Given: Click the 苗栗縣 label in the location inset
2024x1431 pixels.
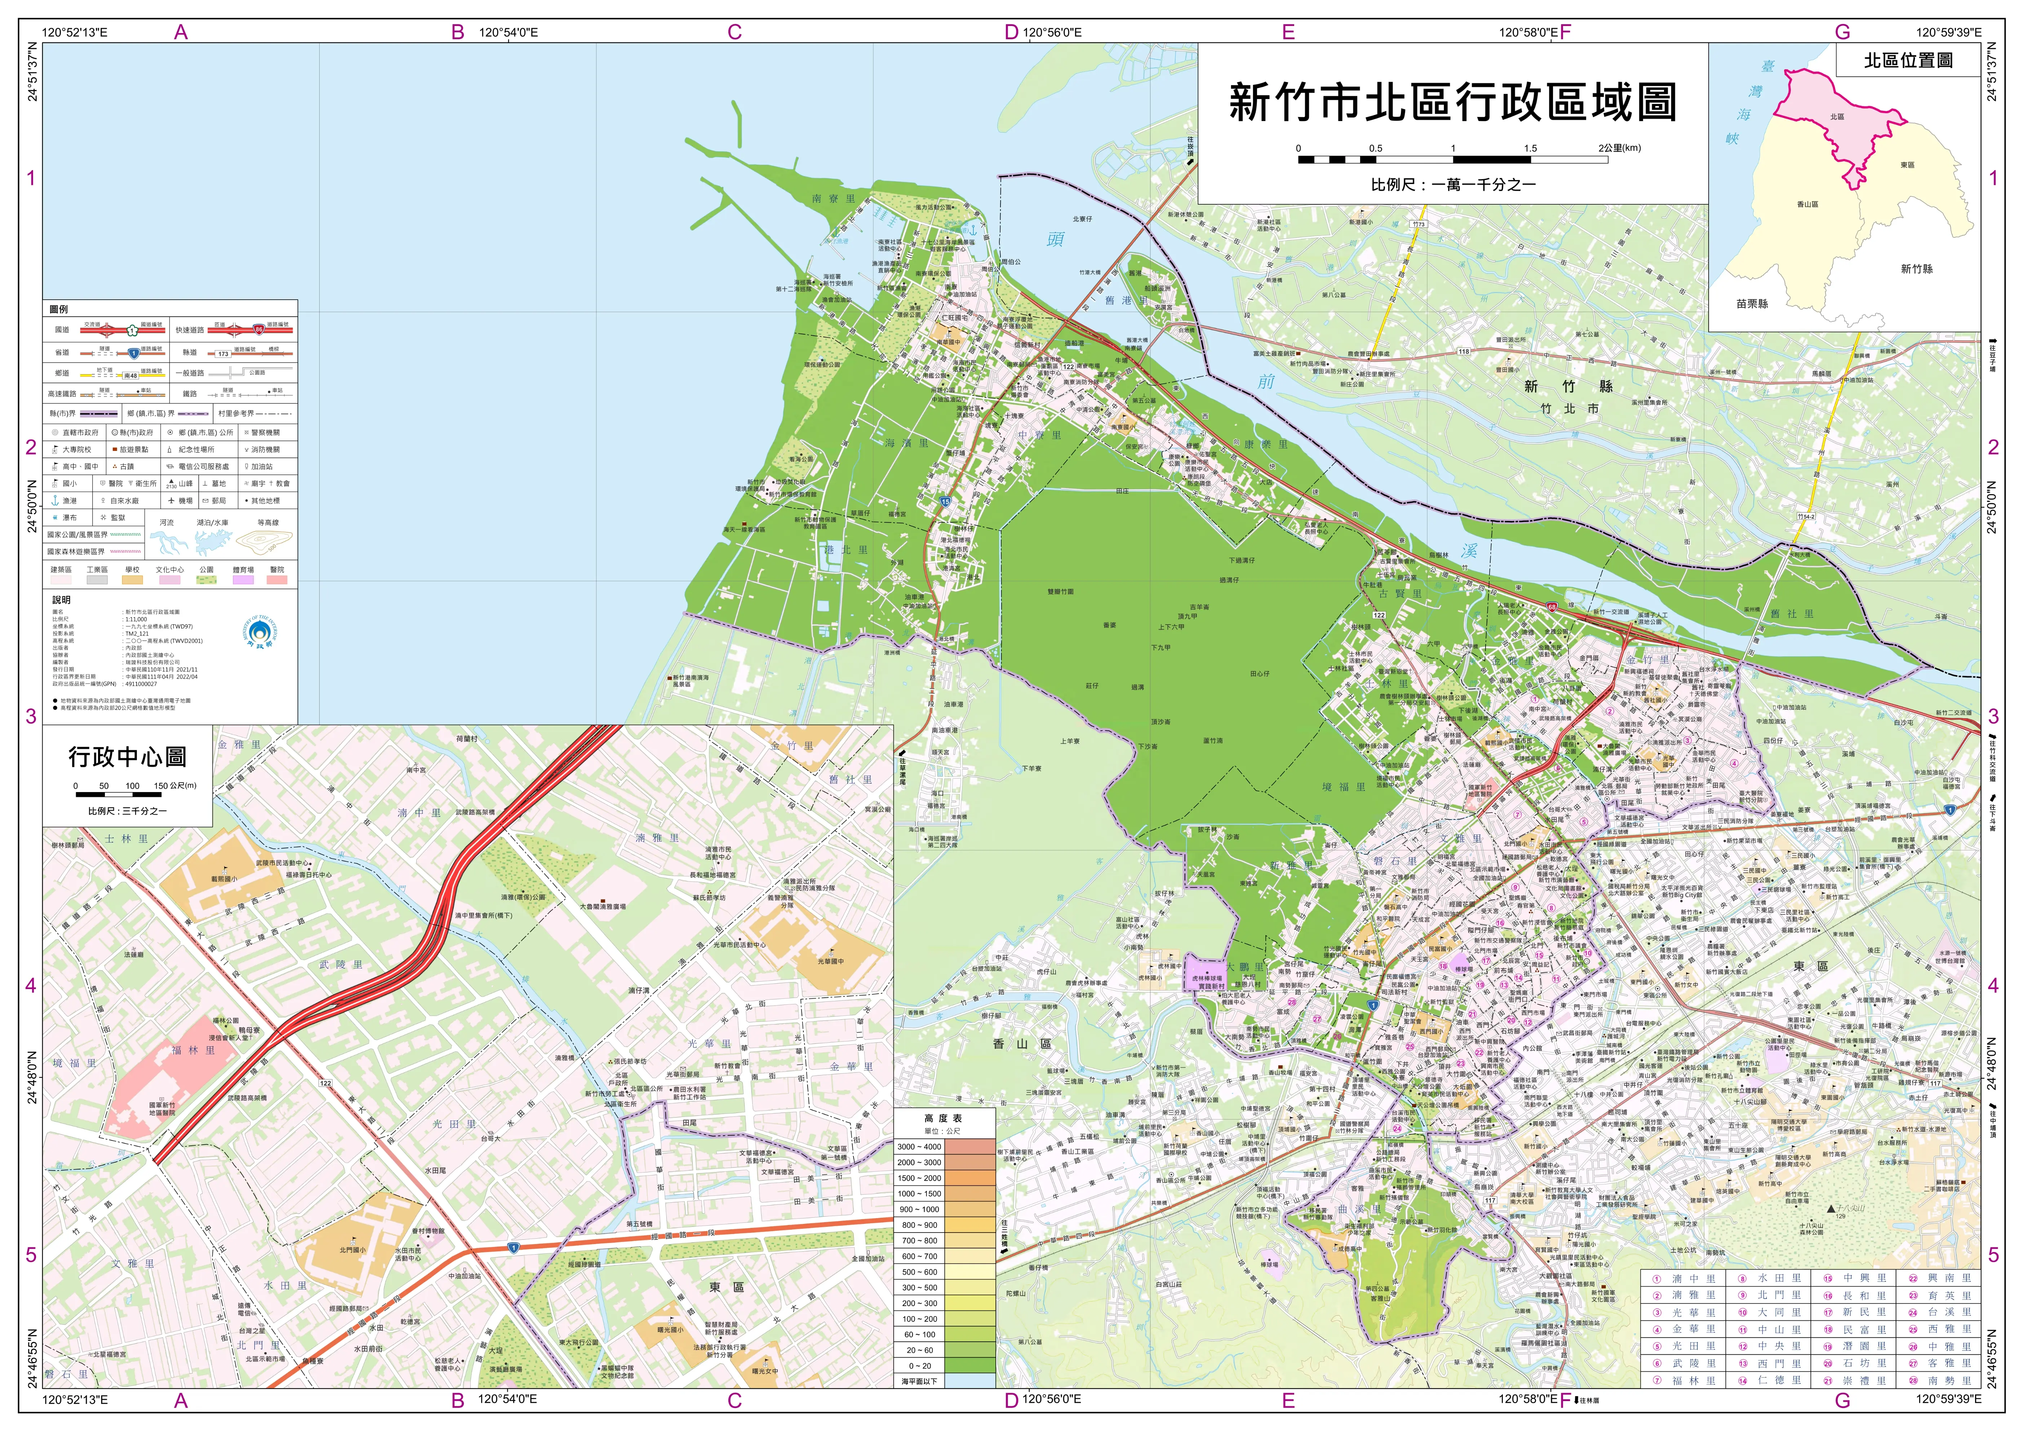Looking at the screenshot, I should click(1752, 303).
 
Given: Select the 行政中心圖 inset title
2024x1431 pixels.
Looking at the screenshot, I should click(127, 756).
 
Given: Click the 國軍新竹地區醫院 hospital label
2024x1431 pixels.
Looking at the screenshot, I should click(161, 1109).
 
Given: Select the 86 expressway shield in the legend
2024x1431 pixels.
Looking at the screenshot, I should click(258, 330).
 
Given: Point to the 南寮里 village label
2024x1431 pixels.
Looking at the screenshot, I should click(833, 199).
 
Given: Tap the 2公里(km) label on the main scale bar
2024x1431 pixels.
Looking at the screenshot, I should click(1619, 148).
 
